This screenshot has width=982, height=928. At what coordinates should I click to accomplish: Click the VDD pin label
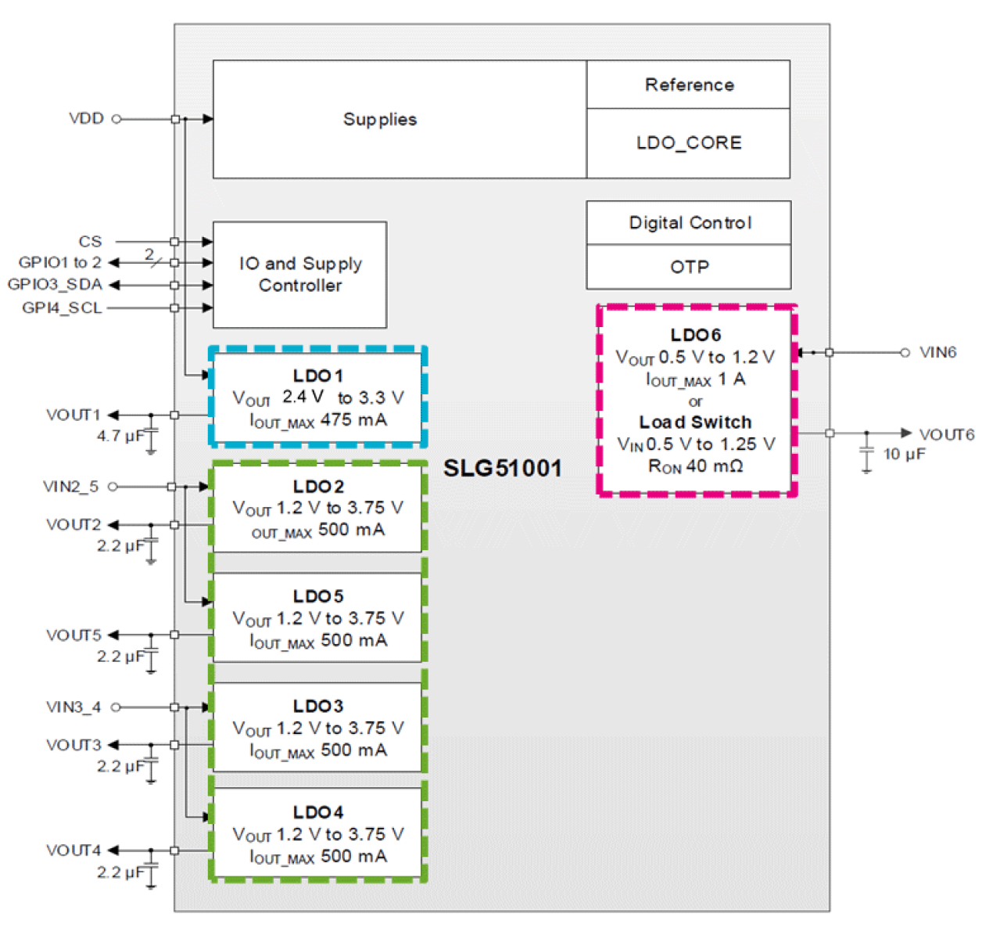[x=86, y=118]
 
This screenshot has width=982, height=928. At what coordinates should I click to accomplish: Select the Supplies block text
[x=380, y=120]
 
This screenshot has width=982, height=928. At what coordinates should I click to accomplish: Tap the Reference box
[x=689, y=85]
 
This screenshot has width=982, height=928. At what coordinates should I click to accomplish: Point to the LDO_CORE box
[x=689, y=143]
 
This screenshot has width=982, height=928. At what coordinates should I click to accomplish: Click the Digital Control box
[x=690, y=223]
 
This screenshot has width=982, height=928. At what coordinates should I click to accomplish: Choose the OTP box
[x=690, y=267]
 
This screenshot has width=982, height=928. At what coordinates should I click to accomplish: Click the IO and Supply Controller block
[x=300, y=275]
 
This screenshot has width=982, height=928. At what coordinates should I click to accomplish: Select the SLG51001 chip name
[x=503, y=468]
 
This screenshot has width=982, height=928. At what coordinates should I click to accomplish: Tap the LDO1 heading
[x=318, y=376]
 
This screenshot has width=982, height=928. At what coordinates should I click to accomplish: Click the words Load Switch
[x=695, y=423]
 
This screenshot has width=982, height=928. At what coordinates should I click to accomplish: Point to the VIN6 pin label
[x=937, y=352]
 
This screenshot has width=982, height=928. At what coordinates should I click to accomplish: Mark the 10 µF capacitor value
[x=905, y=454]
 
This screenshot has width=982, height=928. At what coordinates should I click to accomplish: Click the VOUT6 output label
[x=946, y=434]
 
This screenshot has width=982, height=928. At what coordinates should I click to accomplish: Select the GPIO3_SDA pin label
[x=55, y=284]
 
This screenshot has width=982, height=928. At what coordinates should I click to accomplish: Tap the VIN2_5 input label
[x=70, y=487]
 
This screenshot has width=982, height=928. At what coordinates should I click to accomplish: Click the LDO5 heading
[x=318, y=596]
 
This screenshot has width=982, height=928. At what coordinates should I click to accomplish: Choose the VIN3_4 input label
[x=73, y=707]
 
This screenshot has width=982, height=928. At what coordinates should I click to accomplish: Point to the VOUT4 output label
[x=73, y=850]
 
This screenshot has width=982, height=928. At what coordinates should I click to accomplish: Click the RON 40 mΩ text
[x=695, y=466]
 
